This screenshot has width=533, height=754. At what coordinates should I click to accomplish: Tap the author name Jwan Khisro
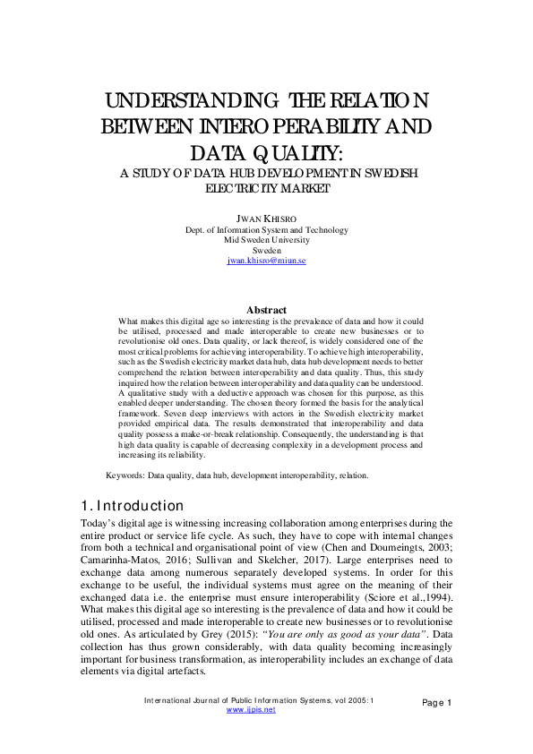click(266, 218)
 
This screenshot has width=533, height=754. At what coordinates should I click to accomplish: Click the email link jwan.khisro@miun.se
click(266, 260)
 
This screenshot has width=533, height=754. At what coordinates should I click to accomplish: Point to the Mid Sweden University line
click(266, 240)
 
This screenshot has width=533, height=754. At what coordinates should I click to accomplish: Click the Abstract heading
click(266, 310)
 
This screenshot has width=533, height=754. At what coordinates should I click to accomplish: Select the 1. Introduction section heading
click(133, 506)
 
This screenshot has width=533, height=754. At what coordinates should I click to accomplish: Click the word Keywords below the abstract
click(125, 476)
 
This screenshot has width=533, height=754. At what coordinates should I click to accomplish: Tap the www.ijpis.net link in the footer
click(251, 709)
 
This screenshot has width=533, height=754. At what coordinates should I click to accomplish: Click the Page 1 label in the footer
click(436, 702)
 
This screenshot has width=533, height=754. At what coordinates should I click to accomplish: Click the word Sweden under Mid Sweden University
click(266, 250)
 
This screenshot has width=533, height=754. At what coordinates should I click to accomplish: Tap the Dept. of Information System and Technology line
click(266, 229)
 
